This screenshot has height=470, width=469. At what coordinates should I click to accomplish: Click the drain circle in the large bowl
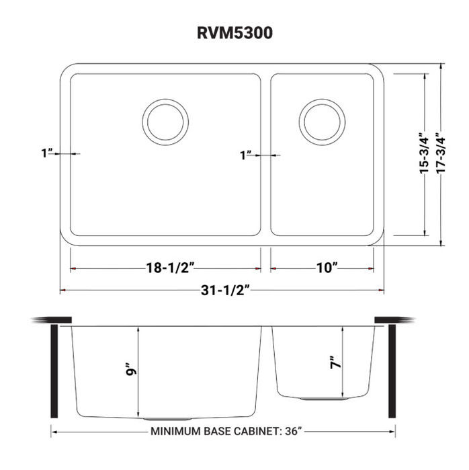[x=165, y=121]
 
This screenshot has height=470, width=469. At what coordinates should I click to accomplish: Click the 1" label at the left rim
[x=46, y=154]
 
